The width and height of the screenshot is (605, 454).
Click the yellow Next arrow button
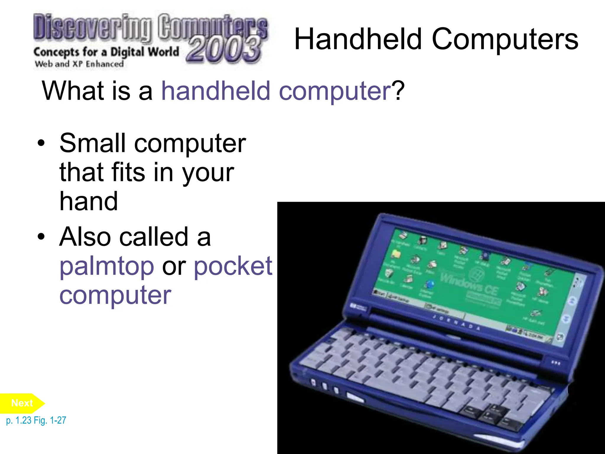click(22, 403)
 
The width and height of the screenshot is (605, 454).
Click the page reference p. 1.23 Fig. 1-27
click(36, 420)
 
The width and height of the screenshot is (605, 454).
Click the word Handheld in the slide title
click(358, 39)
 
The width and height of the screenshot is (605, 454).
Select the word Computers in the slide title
click(505, 39)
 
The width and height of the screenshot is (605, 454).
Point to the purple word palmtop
click(107, 266)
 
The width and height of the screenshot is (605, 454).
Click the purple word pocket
click(233, 266)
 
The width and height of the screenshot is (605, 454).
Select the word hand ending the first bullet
click(89, 201)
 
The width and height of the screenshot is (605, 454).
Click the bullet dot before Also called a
click(41, 237)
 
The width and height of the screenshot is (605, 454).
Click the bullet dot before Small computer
click(41, 143)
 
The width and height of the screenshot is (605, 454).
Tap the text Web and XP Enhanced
click(79, 64)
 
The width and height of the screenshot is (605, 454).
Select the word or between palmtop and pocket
click(174, 266)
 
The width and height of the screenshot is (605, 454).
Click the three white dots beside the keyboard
click(555, 363)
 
